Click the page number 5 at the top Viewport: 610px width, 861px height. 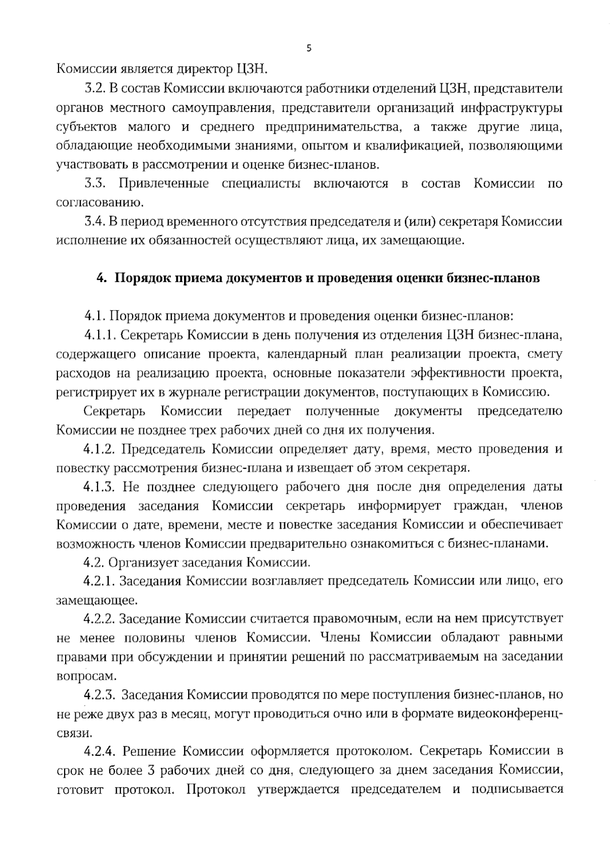tap(309, 49)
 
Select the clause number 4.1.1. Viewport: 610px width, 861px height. tap(101, 335)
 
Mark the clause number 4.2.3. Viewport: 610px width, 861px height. tap(101, 694)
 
